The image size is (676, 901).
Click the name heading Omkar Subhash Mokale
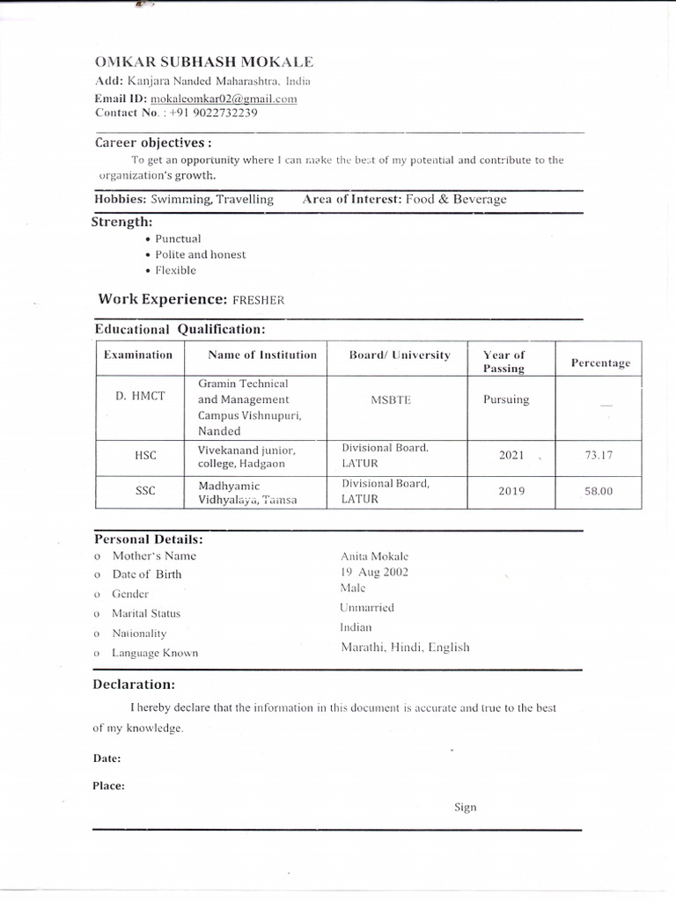coord(203,62)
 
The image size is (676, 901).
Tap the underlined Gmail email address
coord(224,99)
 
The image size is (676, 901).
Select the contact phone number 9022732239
coord(214,113)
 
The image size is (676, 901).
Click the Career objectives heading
coord(153,143)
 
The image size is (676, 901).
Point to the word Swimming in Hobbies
coord(181,200)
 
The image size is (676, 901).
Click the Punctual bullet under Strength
coord(178,238)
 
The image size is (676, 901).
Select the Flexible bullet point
coord(175,270)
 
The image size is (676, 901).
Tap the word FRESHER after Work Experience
coord(258,300)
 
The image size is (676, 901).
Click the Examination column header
coord(138,355)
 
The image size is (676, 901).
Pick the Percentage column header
coord(600,363)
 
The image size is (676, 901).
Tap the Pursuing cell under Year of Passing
coord(506,399)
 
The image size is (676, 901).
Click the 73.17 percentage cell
coord(598,456)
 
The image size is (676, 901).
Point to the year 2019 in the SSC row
coord(511,491)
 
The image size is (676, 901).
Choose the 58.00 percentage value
coord(598,491)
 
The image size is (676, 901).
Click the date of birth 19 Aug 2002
coord(374,572)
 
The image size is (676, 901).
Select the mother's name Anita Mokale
coord(374,556)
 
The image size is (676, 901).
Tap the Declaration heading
coord(134,685)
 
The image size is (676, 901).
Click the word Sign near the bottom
coord(465,807)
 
